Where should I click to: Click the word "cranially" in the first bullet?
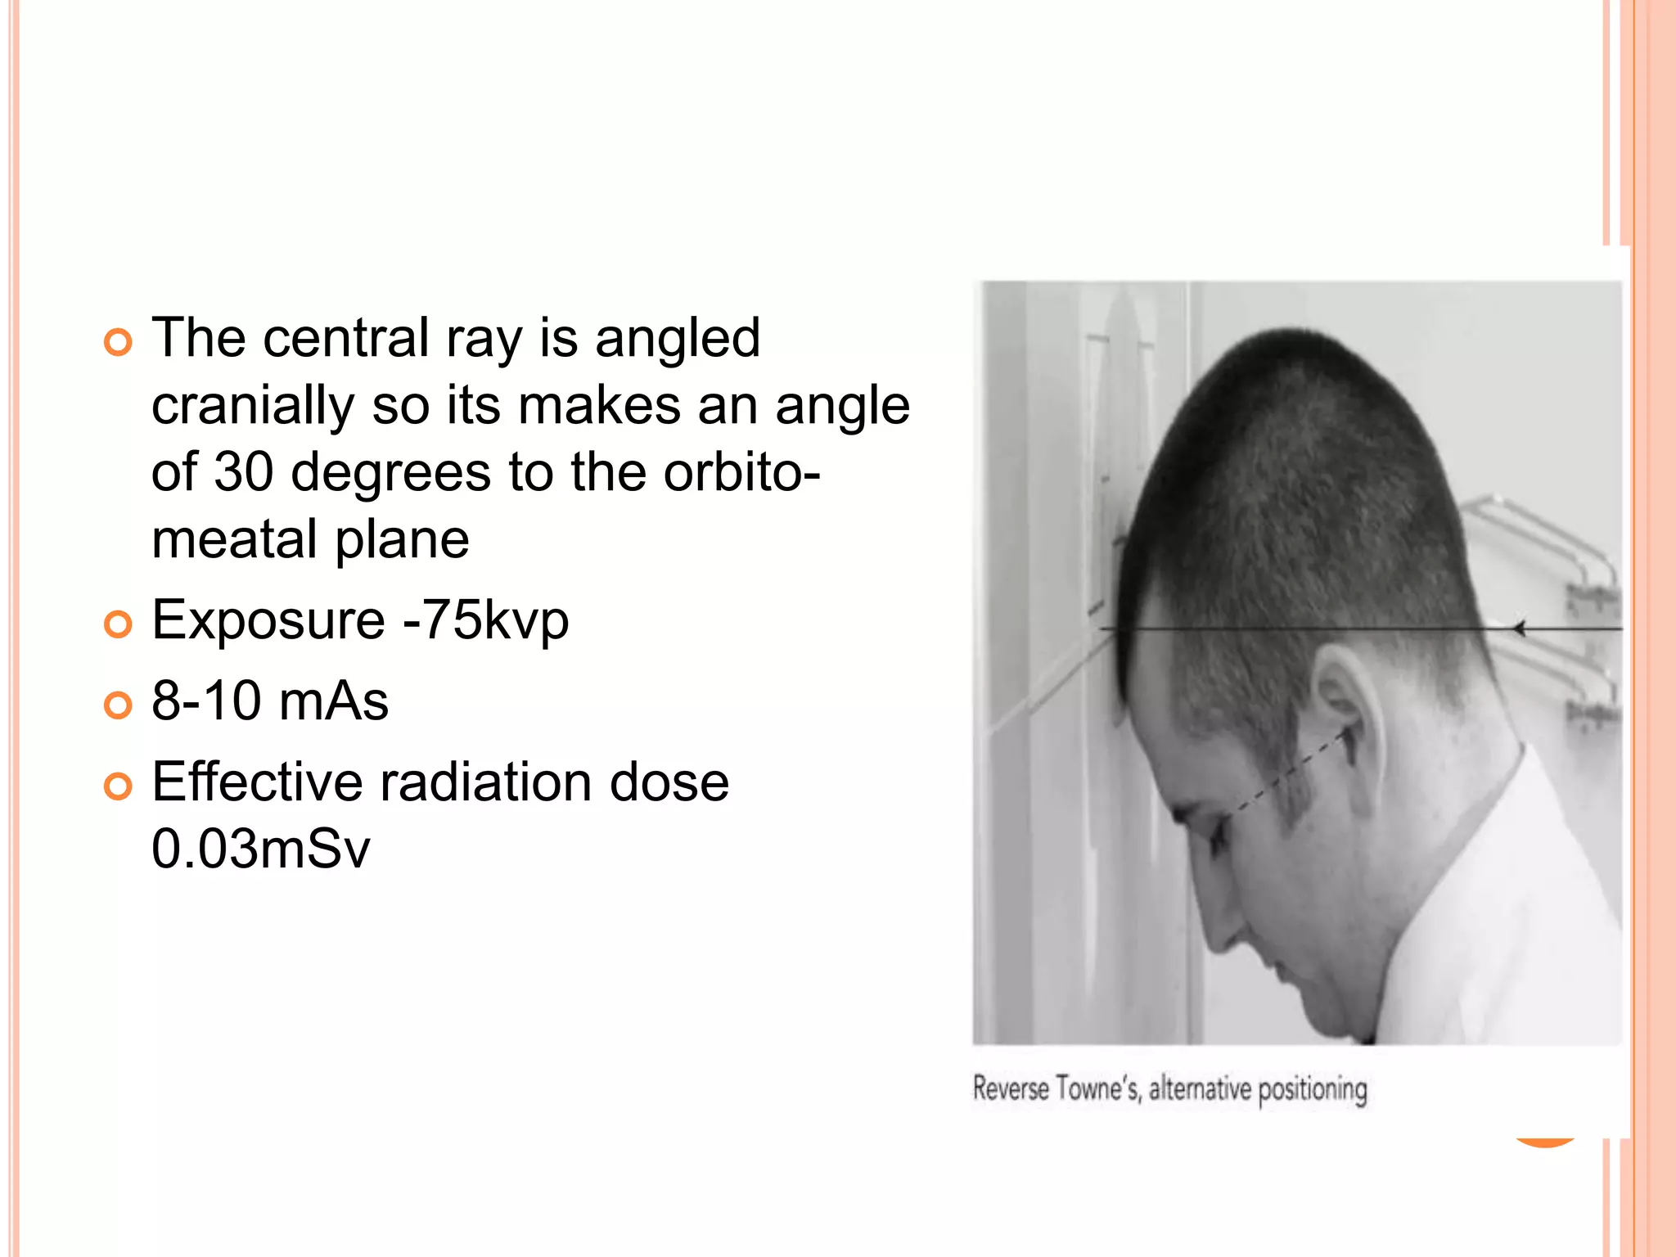pos(253,407)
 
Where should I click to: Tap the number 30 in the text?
pos(243,472)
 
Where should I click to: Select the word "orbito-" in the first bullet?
pos(741,472)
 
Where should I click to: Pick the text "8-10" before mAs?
pos(206,701)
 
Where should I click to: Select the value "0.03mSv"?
pos(261,849)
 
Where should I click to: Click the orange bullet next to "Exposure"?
pos(118,624)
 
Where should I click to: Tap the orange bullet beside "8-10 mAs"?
pos(118,705)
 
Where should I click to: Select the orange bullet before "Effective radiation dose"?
pos(118,786)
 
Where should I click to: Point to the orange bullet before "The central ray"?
pos(118,342)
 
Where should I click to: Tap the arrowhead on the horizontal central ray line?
pos(1519,628)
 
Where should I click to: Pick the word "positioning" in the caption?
pos(1312,1090)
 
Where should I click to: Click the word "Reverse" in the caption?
pos(1010,1089)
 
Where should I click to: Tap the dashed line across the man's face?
pos(1285,777)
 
